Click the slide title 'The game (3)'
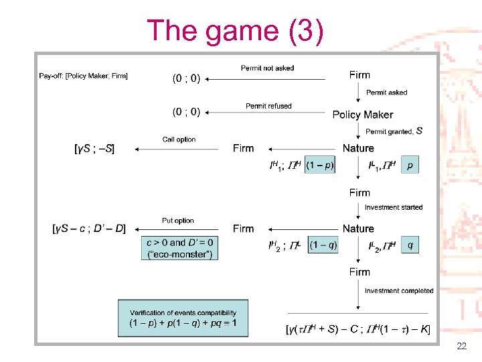pyautogui.click(x=235, y=31)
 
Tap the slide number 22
pyautogui.click(x=461, y=347)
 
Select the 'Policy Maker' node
pyautogui.click(x=362, y=115)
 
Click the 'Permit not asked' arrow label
pyautogui.click(x=267, y=68)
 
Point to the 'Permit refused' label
pyautogui.click(x=268, y=106)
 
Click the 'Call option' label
pyautogui.click(x=179, y=139)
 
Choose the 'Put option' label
pyautogui.click(x=177, y=221)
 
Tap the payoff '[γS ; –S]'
pyautogui.click(x=94, y=149)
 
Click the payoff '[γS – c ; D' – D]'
pyautogui.click(x=89, y=229)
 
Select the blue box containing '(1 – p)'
pyautogui.click(x=320, y=164)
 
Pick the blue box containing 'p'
pyautogui.click(x=410, y=164)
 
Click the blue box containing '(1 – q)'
pyautogui.click(x=323, y=245)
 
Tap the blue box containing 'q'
pyautogui.click(x=410, y=245)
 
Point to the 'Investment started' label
pyautogui.click(x=394, y=208)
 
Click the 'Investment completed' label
pyautogui.click(x=399, y=291)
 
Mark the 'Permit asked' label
pyautogui.click(x=386, y=93)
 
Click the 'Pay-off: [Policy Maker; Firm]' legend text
pyautogui.click(x=83, y=76)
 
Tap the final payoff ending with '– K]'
pyautogui.click(x=357, y=329)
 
